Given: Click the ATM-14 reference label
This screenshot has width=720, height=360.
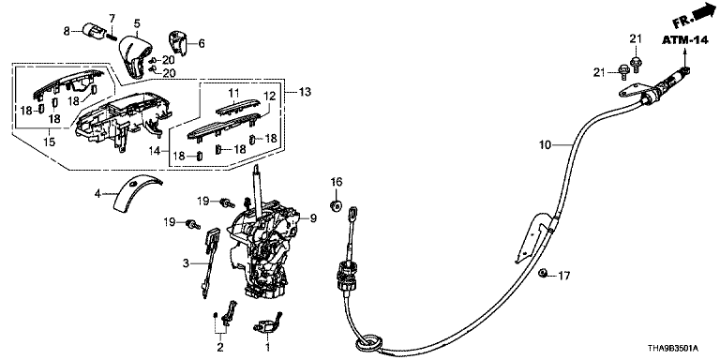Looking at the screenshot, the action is (x=684, y=41).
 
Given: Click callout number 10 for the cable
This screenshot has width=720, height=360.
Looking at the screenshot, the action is (x=545, y=145).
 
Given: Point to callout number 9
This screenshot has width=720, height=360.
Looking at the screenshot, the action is (x=314, y=218).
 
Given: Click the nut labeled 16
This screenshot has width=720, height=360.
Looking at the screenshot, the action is (x=337, y=204).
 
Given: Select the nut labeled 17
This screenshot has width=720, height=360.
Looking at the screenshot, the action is (x=542, y=274).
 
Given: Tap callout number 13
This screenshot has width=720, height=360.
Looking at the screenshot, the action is (x=305, y=92).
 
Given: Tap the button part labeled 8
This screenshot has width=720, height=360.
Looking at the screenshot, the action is (x=92, y=31).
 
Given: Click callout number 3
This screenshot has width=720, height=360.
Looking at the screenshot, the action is (x=186, y=263).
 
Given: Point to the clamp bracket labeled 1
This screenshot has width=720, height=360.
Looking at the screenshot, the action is (x=267, y=324).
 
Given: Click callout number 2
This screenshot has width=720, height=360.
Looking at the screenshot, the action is (x=220, y=346).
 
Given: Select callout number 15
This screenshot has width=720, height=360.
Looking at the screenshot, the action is (x=49, y=142).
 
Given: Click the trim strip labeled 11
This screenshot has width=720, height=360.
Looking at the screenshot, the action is (x=237, y=109).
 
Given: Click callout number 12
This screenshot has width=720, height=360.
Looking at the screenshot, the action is (x=269, y=96).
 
